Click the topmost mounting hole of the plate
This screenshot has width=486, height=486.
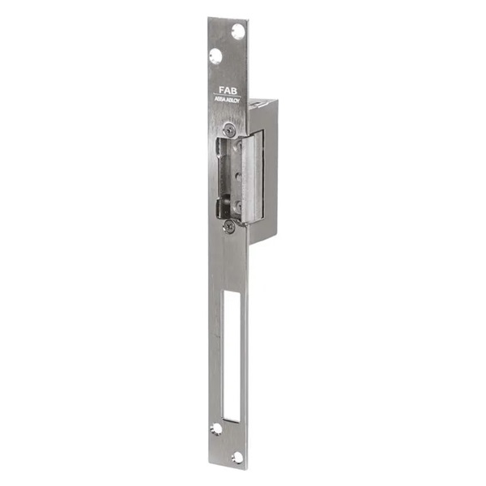click(x=237, y=32)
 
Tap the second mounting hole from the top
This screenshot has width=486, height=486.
click(x=215, y=57)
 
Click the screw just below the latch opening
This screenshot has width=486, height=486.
click(x=230, y=228)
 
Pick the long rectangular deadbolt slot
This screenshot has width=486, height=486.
click(x=231, y=356)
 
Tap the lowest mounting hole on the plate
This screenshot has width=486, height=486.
click(x=237, y=458)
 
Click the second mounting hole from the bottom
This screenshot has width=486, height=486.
click(x=216, y=429)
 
